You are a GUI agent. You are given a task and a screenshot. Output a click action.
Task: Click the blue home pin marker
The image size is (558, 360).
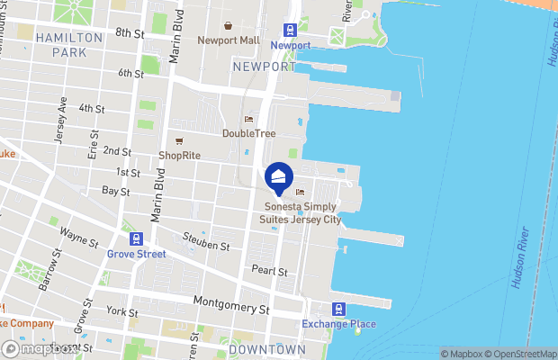[279, 177]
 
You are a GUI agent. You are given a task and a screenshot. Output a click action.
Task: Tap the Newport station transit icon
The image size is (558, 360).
[290, 30]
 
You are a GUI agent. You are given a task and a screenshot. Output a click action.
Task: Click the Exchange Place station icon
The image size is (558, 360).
[338, 309]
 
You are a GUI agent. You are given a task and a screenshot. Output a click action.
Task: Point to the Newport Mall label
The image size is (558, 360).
[229, 40]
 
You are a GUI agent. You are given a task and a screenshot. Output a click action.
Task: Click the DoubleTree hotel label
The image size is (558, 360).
[248, 133]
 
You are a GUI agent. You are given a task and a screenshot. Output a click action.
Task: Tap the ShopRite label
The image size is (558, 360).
[179, 155]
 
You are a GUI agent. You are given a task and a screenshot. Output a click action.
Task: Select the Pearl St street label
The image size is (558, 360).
[269, 271]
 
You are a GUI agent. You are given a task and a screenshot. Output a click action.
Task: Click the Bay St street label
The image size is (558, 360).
[115, 191]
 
